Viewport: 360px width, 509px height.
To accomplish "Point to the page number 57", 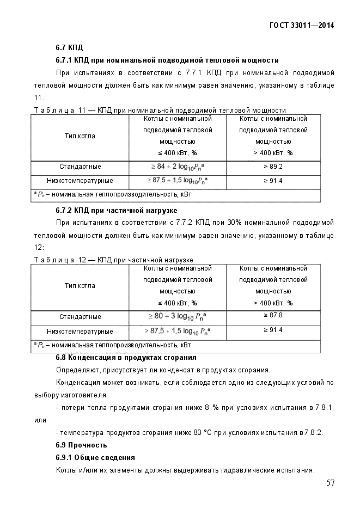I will pos(330,483).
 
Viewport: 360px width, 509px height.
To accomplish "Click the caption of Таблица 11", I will pos(160,110).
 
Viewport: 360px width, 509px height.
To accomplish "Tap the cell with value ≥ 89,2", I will pos(273,167).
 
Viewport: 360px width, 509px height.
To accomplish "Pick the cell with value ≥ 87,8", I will pos(273,316).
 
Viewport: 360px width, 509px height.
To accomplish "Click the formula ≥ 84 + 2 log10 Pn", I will pos(177,167).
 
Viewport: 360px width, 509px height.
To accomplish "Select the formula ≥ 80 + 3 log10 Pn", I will pos(177,316).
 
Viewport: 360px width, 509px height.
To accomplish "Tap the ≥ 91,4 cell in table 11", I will pos(273,181).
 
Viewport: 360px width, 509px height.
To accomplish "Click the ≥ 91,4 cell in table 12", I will pos(273,330).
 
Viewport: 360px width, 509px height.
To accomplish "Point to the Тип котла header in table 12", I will pos(80,286).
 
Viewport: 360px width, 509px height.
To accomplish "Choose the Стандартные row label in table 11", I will pos(80,167).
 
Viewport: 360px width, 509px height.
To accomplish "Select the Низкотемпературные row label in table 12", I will pos(80,331).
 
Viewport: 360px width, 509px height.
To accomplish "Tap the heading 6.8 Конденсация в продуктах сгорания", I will pos(126,358).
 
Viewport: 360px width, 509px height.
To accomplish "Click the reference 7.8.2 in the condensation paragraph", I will pos(314,433).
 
